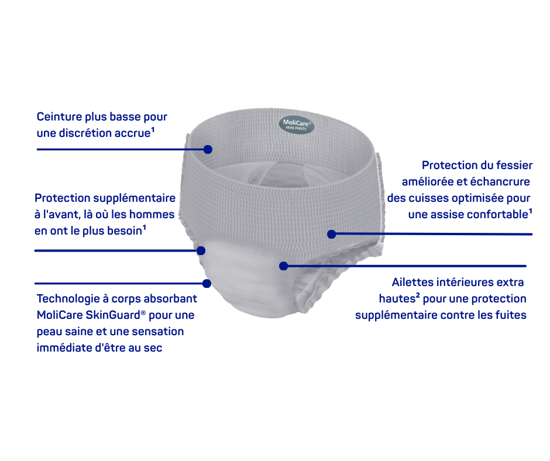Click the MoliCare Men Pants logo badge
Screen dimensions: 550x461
tap(297, 125)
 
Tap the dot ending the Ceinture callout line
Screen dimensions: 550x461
tap(208, 149)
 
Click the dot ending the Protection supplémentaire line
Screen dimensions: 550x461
tap(201, 250)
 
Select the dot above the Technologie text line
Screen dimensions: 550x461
tap(207, 284)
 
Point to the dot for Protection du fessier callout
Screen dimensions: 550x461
tap(332, 234)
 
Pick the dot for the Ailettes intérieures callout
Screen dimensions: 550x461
tap(284, 266)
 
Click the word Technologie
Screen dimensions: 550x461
tap(68, 298)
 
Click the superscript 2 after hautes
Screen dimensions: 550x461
tap(418, 296)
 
